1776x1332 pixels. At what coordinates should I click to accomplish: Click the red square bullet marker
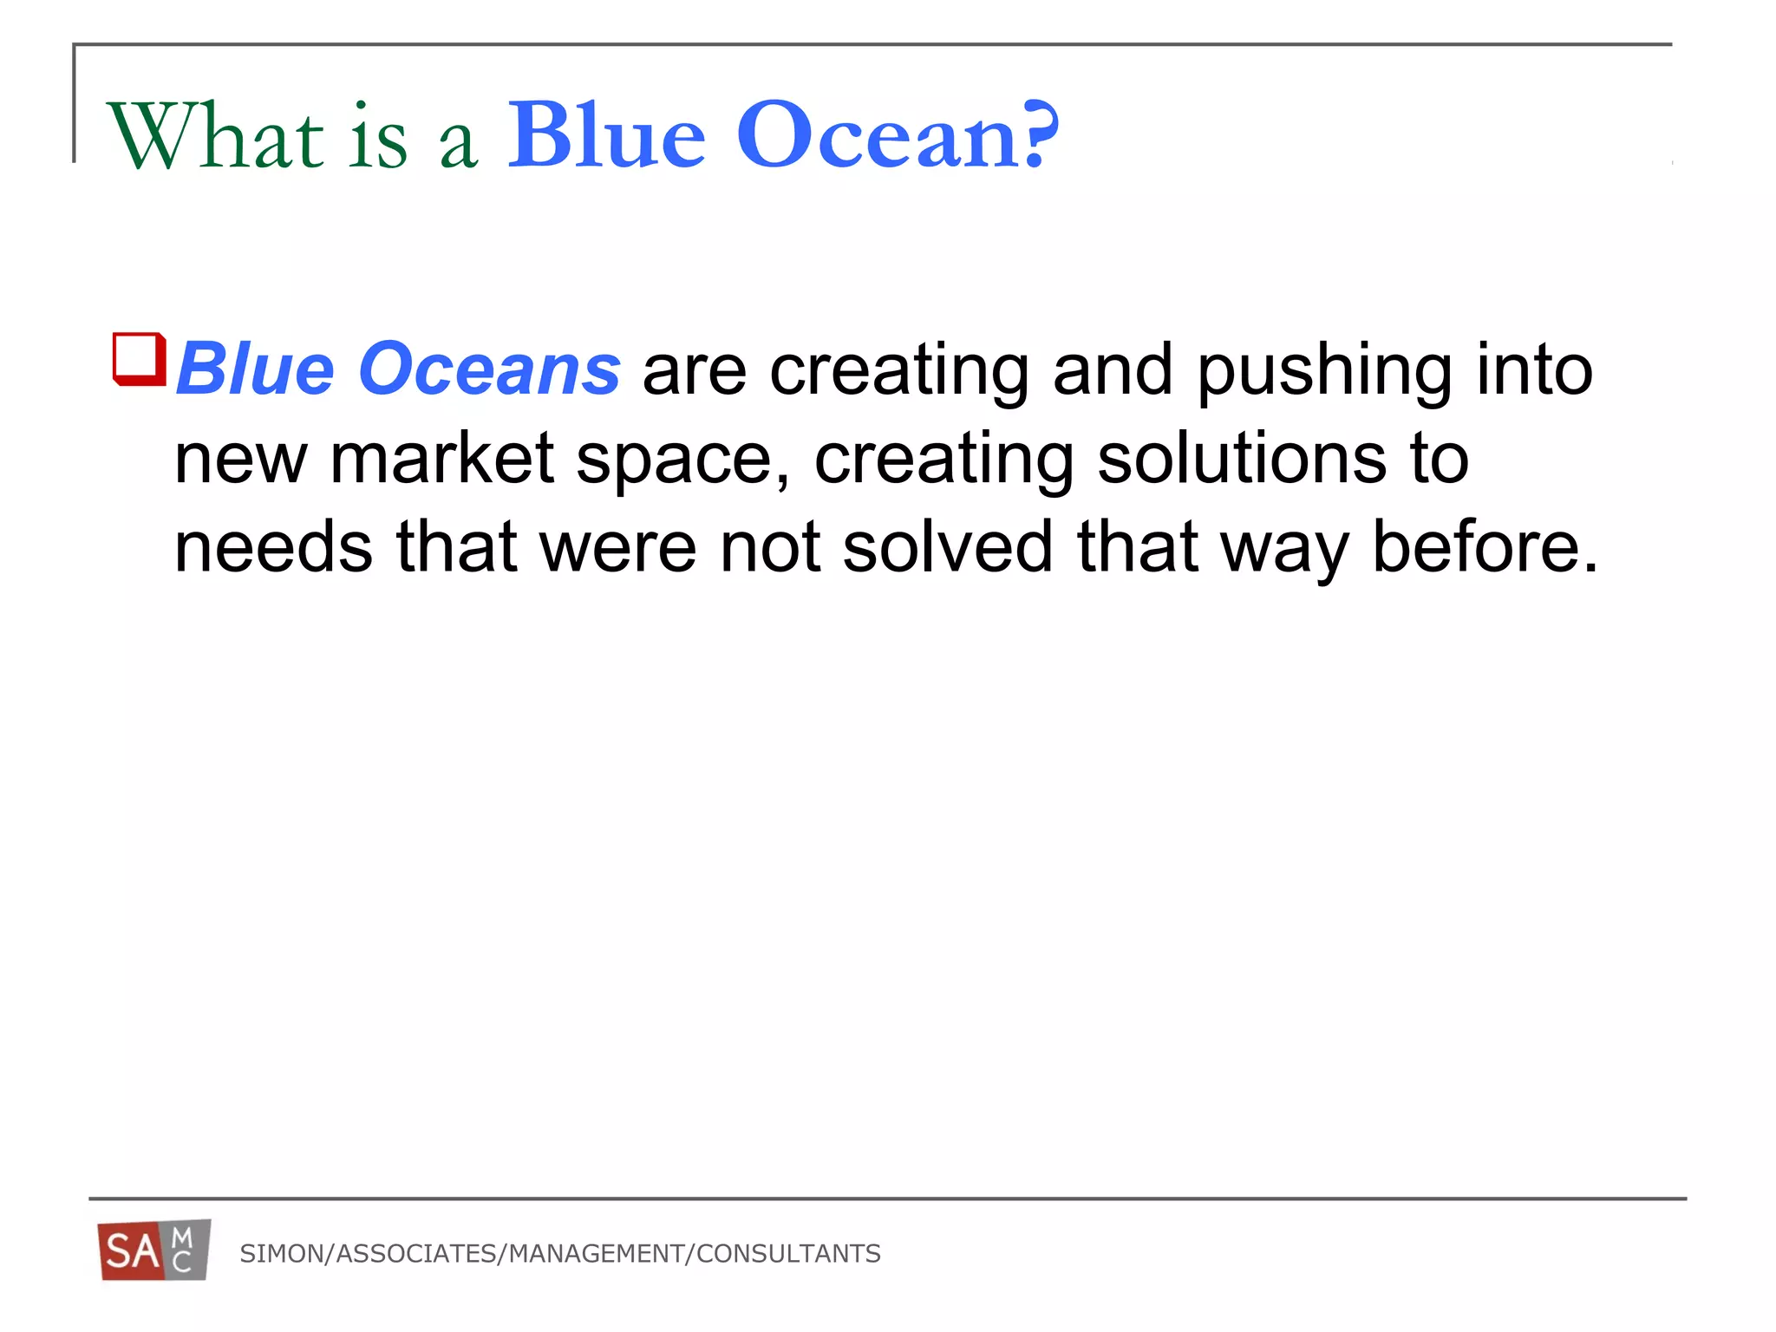139,358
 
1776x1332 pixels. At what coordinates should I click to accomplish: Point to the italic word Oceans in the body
489,370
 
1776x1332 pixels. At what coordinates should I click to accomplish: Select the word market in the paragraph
441,459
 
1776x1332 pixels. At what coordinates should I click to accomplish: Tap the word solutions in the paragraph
1241,459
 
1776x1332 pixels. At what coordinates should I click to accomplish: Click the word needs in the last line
274,548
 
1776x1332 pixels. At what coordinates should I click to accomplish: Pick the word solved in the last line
948,548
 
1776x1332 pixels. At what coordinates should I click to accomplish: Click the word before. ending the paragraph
1485,548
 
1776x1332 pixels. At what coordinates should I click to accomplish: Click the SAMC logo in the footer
154,1250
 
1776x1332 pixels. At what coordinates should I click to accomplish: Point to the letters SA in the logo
132,1252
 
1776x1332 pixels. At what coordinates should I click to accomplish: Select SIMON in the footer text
280,1254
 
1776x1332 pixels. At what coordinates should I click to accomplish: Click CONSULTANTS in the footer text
788,1254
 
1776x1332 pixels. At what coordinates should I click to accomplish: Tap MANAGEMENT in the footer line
597,1254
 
